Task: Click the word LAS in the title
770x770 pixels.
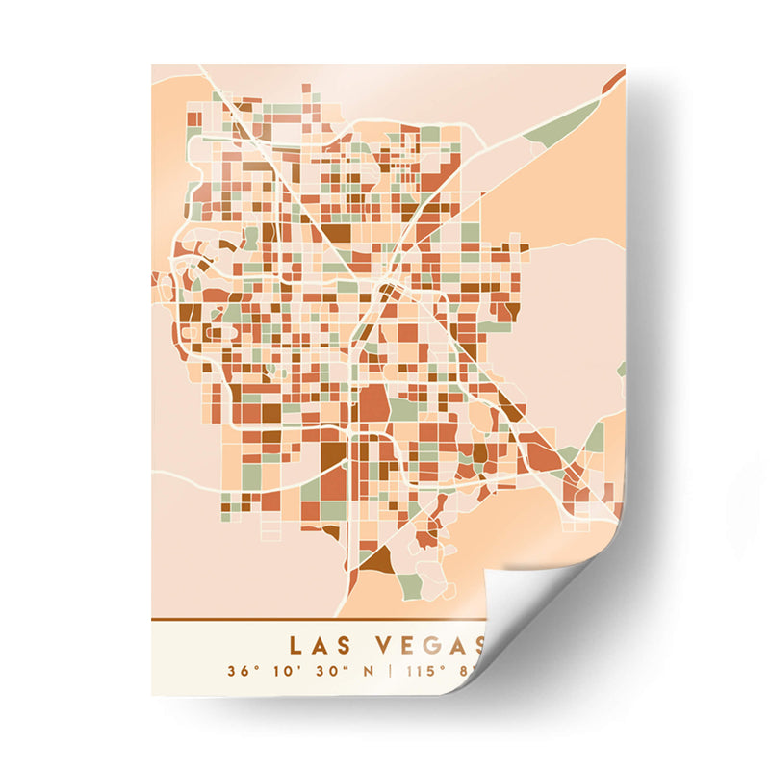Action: tap(321, 643)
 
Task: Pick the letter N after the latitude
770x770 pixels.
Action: tap(367, 670)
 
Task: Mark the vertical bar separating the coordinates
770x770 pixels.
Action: tap(390, 670)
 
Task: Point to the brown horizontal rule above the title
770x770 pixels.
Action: tap(318, 618)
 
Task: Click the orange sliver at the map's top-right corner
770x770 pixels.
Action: tap(614, 81)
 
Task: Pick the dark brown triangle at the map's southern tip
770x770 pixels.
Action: tap(377, 559)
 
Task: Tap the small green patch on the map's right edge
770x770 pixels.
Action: tap(622, 369)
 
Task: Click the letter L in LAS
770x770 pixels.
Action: tap(295, 643)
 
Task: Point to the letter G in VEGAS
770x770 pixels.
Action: tap(428, 643)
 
